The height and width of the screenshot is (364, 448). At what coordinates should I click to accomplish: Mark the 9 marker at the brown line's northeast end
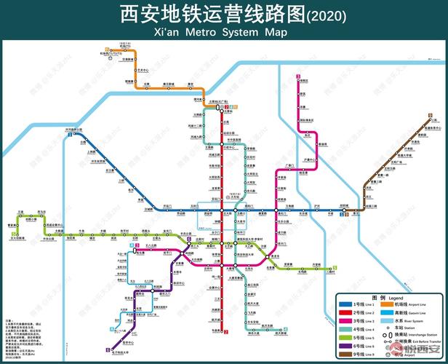(430, 115)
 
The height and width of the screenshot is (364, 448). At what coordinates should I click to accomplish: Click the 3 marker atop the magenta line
(297, 76)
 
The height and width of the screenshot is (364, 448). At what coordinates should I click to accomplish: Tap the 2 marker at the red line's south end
(226, 333)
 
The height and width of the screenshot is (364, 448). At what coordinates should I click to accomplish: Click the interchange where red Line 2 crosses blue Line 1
(226, 210)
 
